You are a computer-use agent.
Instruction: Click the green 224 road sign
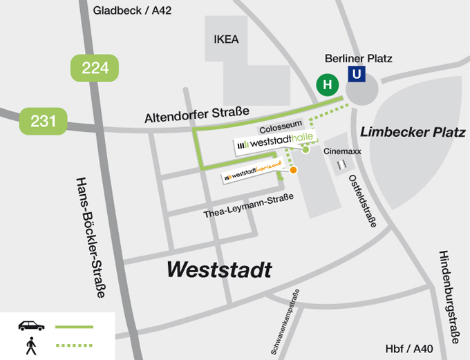point(95,68)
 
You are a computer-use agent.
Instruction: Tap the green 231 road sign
point(43,121)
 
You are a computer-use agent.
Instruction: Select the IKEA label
point(226,39)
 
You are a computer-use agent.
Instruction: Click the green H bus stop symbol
point(328,84)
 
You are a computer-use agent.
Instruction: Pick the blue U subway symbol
point(356,74)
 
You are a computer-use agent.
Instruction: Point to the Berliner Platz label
point(359,58)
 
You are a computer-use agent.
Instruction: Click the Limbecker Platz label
point(413,132)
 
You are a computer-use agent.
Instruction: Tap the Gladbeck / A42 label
point(132,10)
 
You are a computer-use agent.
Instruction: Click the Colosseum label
point(281,129)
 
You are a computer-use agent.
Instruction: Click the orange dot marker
point(294,170)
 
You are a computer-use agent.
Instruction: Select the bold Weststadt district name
point(219,269)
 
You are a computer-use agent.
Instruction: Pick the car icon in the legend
point(31,325)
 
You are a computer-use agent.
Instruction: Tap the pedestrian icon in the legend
point(31,346)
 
